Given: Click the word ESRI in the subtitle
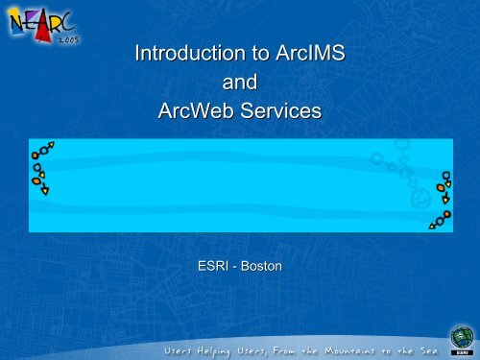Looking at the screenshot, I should (213, 261).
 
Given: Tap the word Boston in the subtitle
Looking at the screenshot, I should (261, 261).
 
